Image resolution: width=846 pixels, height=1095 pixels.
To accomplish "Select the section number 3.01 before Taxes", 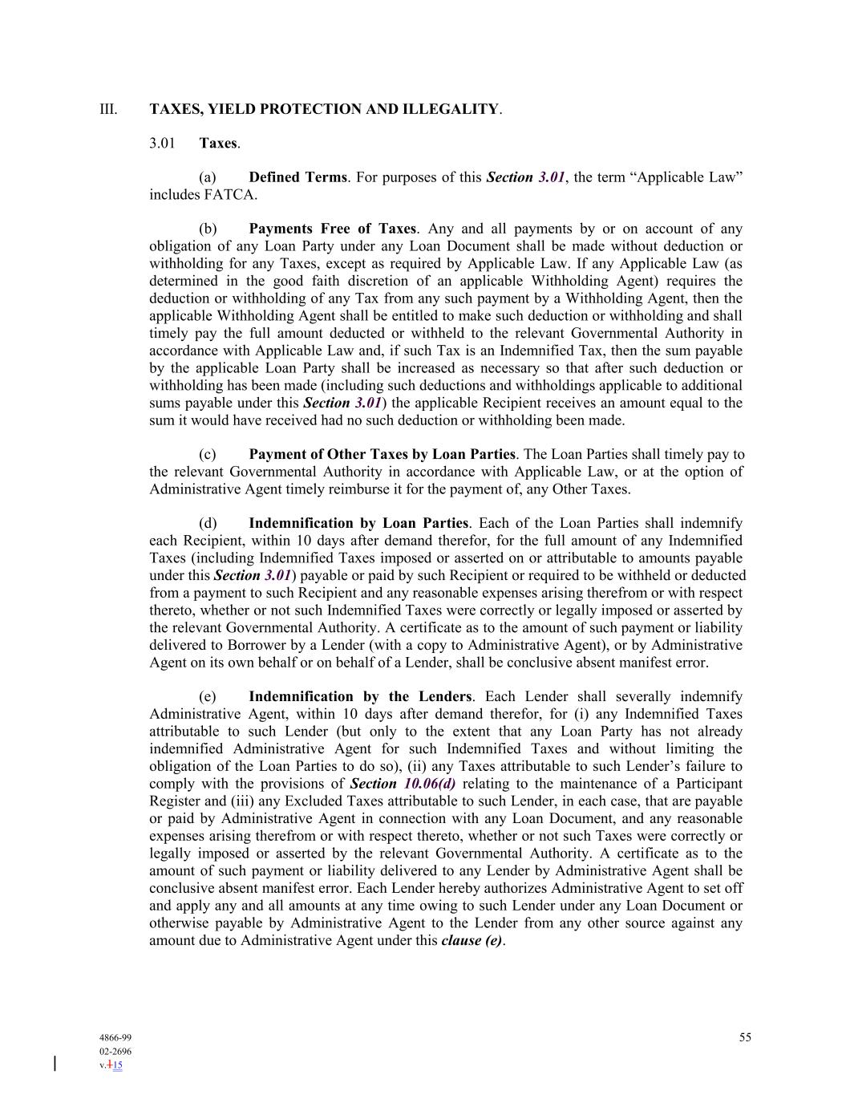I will tap(162, 144).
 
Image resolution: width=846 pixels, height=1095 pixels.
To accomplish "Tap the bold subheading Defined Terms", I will tap(298, 177).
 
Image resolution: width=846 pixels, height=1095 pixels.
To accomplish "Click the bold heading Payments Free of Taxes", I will tap(332, 229).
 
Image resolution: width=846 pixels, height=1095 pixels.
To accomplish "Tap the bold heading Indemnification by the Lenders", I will tap(360, 696).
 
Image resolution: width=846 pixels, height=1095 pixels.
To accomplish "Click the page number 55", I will tap(745, 1037).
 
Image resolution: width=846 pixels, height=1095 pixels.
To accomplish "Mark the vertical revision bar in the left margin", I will tap(55, 1064).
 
